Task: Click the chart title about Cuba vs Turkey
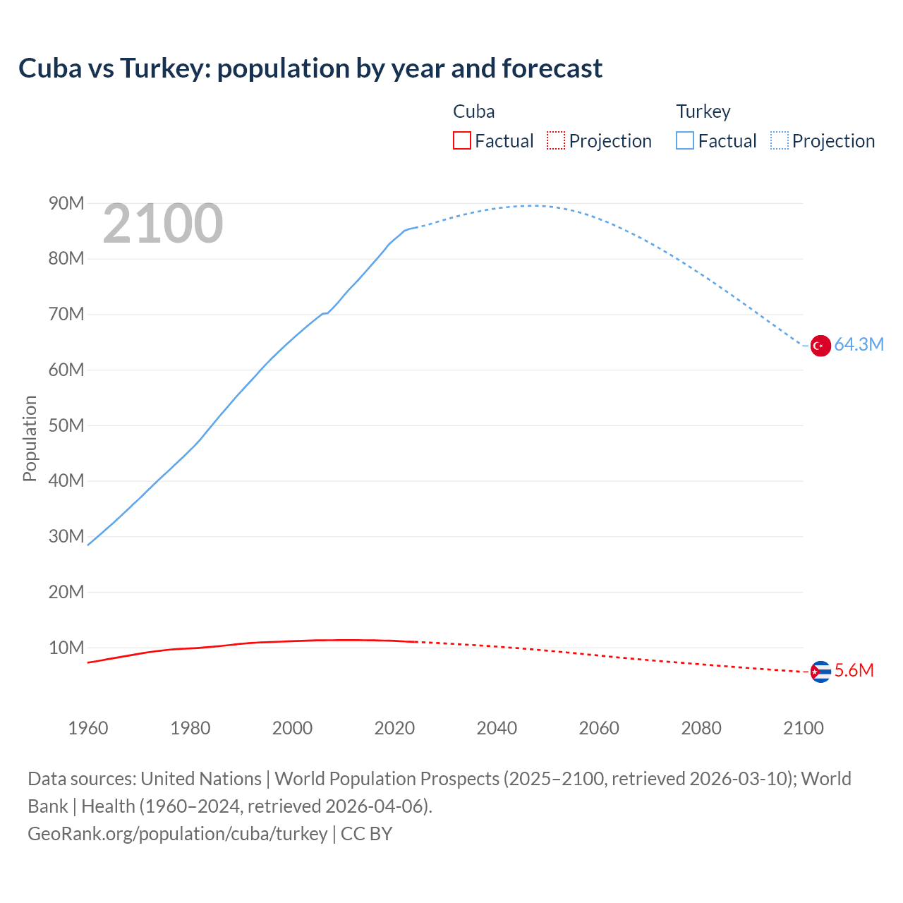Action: point(310,68)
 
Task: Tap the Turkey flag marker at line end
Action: point(820,346)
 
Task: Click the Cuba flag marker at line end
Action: point(820,672)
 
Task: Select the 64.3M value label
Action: point(859,345)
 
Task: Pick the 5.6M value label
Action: point(854,671)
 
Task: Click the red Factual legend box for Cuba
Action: point(461,141)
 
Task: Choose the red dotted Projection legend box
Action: point(556,141)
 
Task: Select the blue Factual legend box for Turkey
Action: point(684,141)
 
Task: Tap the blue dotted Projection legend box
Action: point(780,141)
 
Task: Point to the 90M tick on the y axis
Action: point(66,204)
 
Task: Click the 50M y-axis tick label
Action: point(66,425)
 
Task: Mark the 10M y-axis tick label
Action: point(66,648)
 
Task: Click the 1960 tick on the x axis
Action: point(88,728)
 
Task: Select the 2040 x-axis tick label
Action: point(497,728)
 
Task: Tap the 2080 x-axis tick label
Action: point(701,728)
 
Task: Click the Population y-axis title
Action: point(30,438)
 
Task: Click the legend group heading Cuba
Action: point(473,111)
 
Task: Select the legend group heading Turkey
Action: point(703,111)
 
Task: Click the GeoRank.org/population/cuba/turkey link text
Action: point(177,834)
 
